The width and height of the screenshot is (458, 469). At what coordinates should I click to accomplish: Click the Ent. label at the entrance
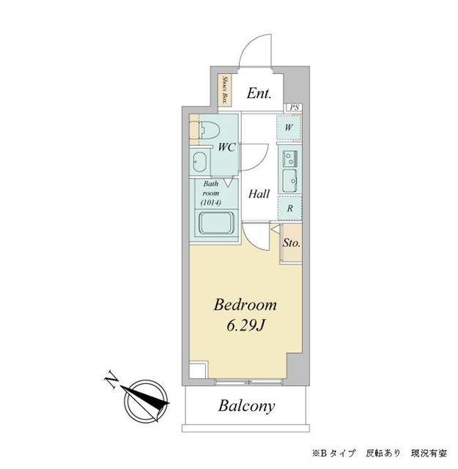click(259, 93)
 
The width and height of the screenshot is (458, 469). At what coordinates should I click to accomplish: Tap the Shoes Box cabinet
click(226, 92)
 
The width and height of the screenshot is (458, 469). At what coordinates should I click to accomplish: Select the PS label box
click(295, 108)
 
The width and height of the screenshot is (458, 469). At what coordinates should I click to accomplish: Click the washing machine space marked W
click(289, 128)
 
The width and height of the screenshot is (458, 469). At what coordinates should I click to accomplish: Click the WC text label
click(226, 147)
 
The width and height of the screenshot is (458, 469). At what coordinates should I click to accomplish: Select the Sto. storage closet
click(291, 243)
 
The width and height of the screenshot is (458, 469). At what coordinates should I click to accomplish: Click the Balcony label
click(245, 406)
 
